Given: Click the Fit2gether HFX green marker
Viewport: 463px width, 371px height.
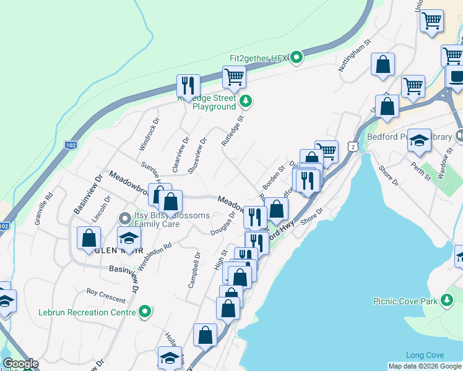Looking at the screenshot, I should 296,58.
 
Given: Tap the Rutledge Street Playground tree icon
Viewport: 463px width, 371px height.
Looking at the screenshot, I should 246,100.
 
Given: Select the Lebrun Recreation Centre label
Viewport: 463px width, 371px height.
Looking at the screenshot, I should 86,312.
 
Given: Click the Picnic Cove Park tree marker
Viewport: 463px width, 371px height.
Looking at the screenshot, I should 446,301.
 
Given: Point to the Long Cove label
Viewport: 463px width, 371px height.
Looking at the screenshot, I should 424,355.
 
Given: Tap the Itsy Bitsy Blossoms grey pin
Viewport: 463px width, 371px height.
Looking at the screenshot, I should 123,217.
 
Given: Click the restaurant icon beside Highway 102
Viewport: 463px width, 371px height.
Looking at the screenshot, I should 188,86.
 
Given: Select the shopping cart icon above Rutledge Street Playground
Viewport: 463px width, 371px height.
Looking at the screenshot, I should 235,78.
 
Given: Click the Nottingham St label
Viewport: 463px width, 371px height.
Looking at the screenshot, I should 354,56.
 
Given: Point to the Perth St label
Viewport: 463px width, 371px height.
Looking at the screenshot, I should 422,171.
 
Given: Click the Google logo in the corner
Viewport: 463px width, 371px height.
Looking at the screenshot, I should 20,364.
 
